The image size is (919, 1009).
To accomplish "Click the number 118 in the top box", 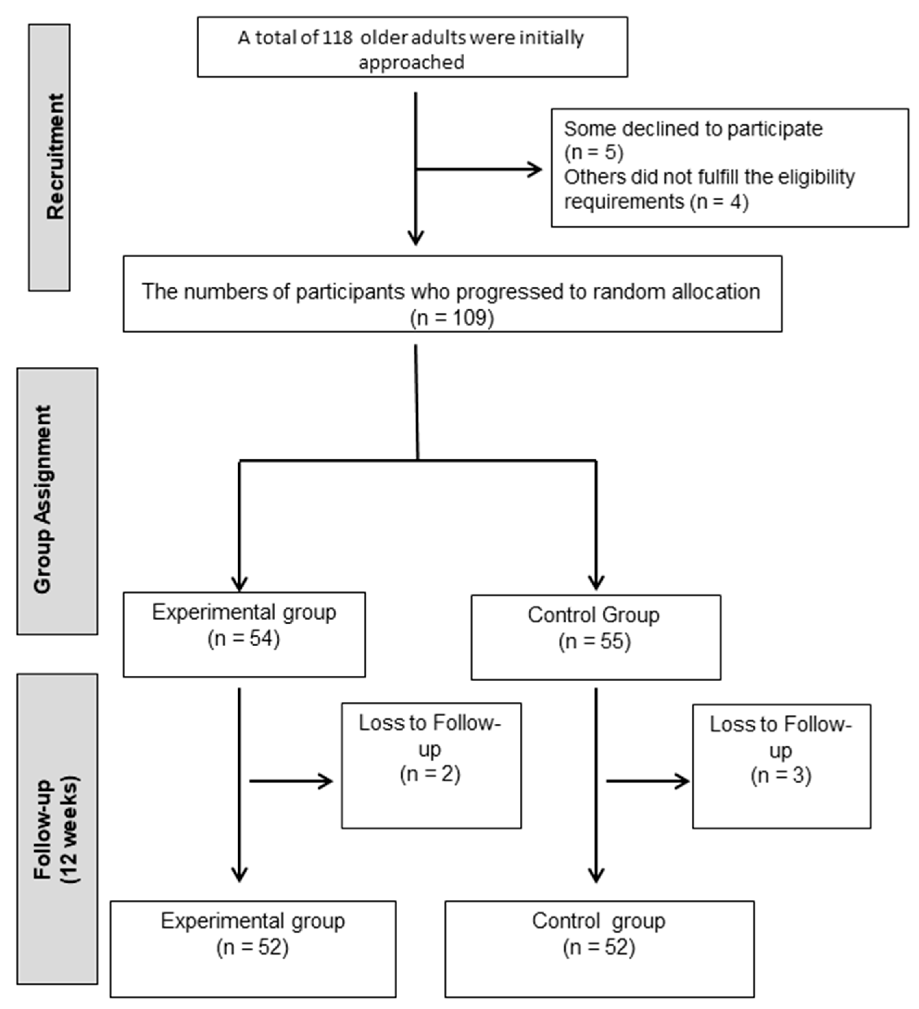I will pyautogui.click(x=337, y=38).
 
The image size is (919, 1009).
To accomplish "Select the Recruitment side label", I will pyautogui.click(x=55, y=157).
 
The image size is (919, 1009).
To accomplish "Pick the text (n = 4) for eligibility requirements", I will pyautogui.click(x=719, y=202).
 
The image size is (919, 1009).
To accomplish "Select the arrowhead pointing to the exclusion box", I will pyautogui.click(x=536, y=170).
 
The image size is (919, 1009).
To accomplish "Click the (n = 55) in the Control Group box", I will pyautogui.click(x=594, y=641).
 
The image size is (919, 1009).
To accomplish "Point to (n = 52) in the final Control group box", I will pyautogui.click(x=599, y=947).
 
